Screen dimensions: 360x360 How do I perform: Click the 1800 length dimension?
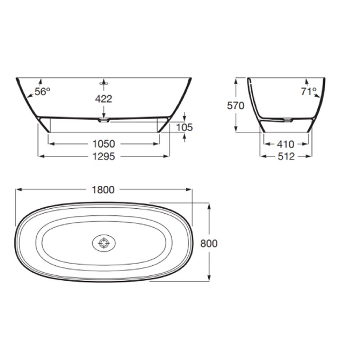click(x=103, y=190)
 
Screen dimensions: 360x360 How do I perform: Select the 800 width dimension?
click(x=209, y=243)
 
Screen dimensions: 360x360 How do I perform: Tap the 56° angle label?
click(x=42, y=92)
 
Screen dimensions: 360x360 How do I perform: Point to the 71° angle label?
click(x=309, y=91)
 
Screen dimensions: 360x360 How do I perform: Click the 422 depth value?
click(x=103, y=99)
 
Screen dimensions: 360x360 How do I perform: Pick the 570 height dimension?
click(x=235, y=106)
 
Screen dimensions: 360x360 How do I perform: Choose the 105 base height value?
click(x=184, y=127)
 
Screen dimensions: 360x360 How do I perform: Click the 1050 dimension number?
click(x=103, y=144)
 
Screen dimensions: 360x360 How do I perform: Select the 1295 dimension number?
click(x=103, y=156)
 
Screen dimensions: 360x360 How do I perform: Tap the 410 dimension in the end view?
click(x=286, y=144)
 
